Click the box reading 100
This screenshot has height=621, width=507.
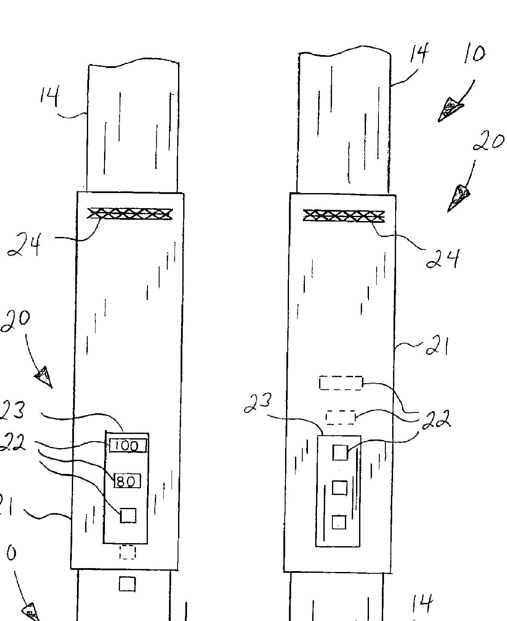(x=128, y=446)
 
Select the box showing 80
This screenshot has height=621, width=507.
(x=127, y=481)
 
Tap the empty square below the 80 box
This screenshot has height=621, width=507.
(x=128, y=515)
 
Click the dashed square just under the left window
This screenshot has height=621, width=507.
(x=127, y=552)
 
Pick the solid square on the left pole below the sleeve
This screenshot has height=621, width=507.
(x=127, y=584)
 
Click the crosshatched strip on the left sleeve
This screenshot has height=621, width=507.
(x=130, y=213)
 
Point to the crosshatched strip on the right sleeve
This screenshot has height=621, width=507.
(x=344, y=215)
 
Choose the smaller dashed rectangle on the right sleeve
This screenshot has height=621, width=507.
(x=341, y=417)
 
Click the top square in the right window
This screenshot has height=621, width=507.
(x=340, y=452)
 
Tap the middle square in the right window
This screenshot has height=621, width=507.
(x=340, y=488)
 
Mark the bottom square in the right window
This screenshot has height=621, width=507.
(x=339, y=522)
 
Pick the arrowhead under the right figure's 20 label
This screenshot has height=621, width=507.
(x=458, y=197)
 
